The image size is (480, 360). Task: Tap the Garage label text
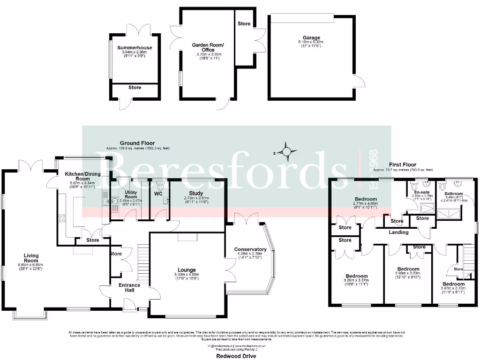click(311, 37)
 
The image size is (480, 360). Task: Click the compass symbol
click(286, 151)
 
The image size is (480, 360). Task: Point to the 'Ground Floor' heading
click(137, 143)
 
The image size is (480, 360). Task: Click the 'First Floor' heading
click(403, 165)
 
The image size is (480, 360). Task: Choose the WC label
click(158, 192)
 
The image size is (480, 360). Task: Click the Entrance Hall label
click(129, 287)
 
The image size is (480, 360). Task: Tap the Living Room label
click(31, 258)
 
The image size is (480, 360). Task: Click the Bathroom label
click(454, 194)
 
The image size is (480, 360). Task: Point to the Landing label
click(398, 232)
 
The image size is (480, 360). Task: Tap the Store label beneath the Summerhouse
click(135, 87)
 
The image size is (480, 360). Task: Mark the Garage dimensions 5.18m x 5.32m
click(311, 42)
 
